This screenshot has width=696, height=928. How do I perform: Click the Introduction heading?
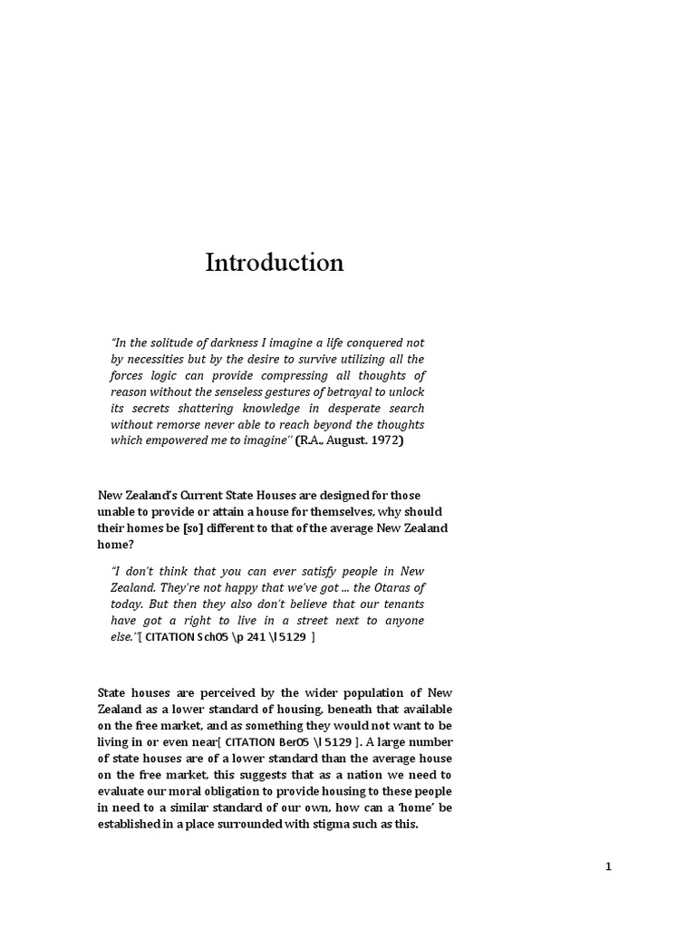pos(275,263)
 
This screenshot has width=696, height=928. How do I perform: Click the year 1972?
pos(384,440)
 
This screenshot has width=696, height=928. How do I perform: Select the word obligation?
pos(220,791)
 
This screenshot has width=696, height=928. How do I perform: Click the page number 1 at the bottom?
pos(609,867)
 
